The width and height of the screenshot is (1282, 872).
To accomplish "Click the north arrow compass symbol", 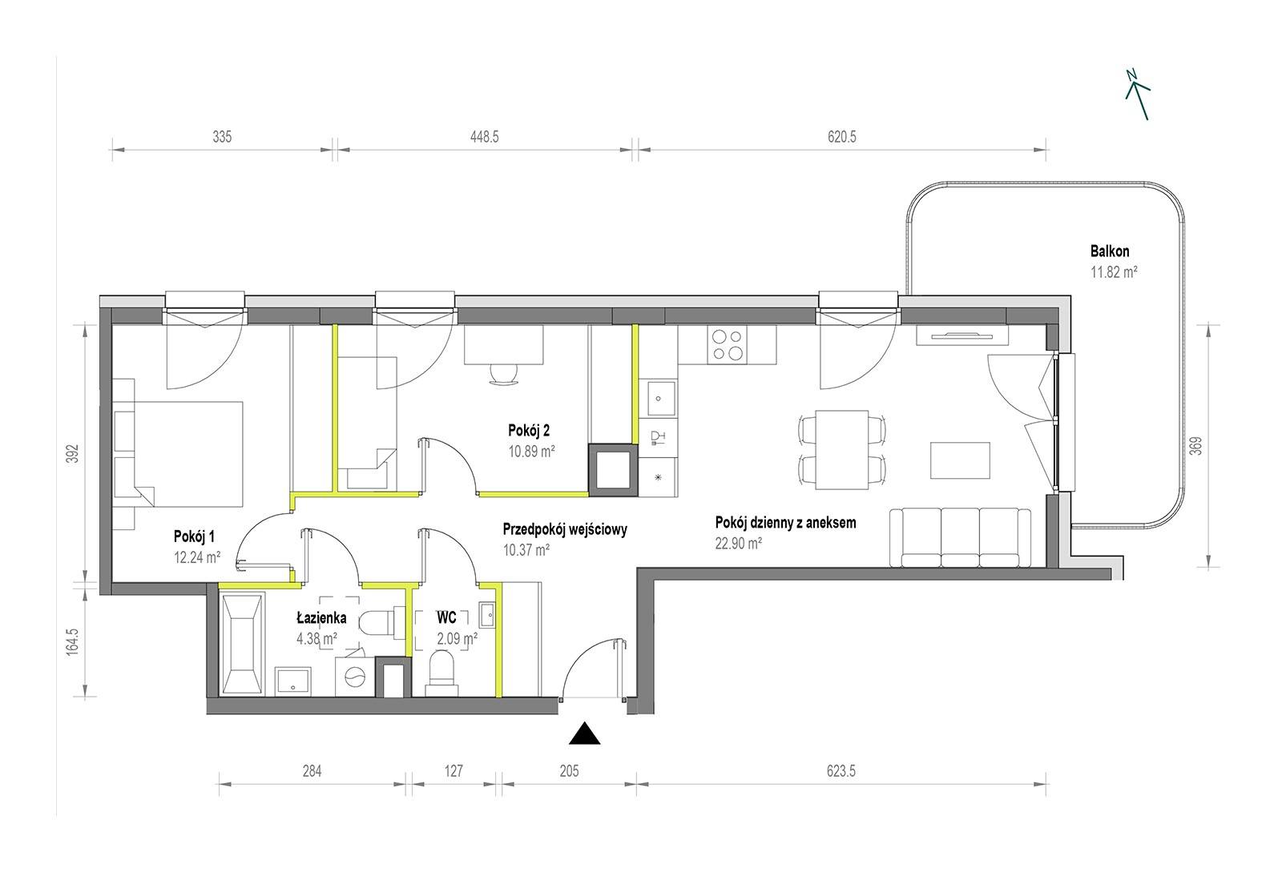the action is point(1138,95).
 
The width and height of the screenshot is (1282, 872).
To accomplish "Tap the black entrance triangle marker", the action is point(584,733).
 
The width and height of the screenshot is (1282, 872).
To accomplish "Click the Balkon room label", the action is point(1110,251).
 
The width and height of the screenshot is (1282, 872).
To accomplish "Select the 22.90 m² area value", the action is point(738,543).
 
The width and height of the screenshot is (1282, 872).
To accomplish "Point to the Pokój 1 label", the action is point(194,536).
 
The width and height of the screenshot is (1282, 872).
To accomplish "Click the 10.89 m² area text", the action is point(532,451).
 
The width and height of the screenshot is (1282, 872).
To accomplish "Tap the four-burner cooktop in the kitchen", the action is point(727,345).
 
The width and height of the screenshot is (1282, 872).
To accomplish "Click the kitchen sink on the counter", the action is point(661,399).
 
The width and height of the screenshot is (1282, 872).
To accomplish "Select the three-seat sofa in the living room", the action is point(960,537).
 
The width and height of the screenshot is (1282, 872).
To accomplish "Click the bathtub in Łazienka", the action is point(241,645).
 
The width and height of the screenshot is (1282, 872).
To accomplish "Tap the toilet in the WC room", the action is point(441,675).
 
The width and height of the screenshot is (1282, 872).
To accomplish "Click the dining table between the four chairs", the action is point(842,449).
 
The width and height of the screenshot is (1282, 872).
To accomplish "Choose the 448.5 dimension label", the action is point(485,137).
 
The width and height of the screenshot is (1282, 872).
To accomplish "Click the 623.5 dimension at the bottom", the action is point(841,771).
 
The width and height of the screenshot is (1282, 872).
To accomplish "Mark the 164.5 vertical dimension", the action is point(72,641).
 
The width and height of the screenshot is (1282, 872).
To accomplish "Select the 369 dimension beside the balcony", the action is point(1195,445).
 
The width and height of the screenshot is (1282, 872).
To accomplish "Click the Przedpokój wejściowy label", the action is point(565,529).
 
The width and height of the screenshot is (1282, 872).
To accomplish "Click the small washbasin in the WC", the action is point(488,615).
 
